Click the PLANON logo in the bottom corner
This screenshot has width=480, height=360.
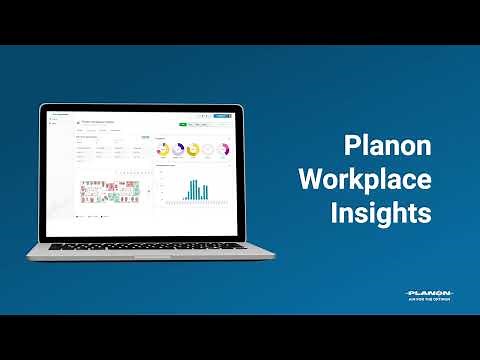(x=429, y=291)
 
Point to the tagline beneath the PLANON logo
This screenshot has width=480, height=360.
(x=429, y=299)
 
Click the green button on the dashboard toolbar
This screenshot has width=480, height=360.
(x=183, y=125)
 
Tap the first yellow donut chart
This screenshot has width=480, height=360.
(x=163, y=150)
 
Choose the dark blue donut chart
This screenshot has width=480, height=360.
(x=178, y=150)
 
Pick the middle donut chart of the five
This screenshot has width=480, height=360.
(x=193, y=150)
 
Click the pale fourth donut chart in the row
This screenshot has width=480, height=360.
(x=208, y=150)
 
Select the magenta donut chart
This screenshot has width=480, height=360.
(x=223, y=150)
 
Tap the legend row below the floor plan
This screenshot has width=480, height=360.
(x=95, y=215)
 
